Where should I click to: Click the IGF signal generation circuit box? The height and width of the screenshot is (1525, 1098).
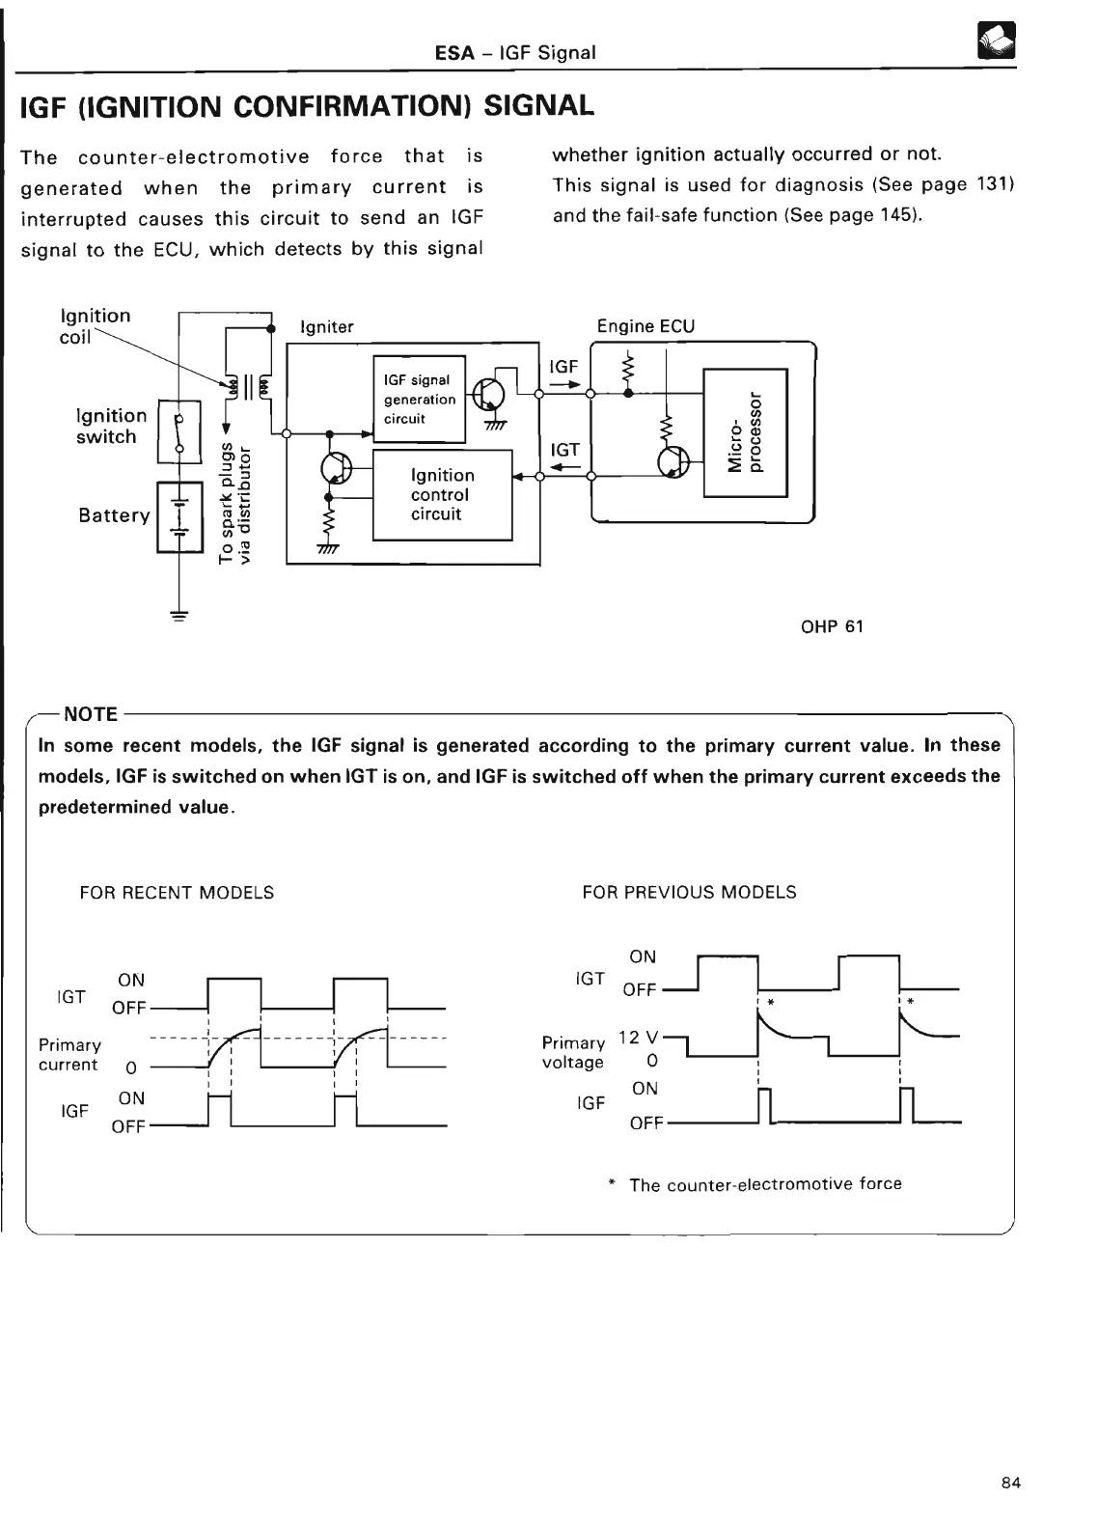[419, 399]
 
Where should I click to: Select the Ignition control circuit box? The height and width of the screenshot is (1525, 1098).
[442, 495]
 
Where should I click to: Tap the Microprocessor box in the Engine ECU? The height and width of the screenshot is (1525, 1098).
[746, 432]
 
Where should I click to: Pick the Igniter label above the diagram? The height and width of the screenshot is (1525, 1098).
[327, 327]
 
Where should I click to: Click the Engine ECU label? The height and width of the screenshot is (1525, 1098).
[645, 326]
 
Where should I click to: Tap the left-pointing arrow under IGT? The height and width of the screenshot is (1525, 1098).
[563, 468]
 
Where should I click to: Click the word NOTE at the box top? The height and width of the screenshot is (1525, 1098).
[90, 714]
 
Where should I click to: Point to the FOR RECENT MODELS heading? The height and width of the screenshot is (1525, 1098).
[177, 893]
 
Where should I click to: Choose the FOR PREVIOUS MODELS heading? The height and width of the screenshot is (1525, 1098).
[689, 893]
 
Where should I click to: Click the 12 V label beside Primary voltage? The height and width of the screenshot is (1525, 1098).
[638, 1037]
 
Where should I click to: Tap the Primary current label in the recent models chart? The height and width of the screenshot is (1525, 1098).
[69, 1055]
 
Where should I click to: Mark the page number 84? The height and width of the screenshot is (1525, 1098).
[1011, 1483]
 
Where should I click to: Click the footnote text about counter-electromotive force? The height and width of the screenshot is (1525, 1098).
[764, 1184]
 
